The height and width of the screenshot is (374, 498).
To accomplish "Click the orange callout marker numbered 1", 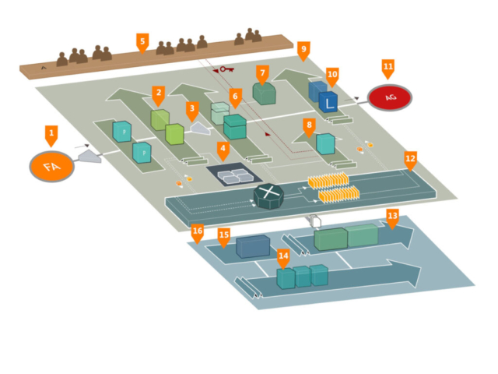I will tap(51, 135).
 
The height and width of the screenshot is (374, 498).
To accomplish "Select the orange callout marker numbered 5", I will tap(142, 41).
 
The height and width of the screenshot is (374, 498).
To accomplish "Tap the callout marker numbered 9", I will tap(303, 49).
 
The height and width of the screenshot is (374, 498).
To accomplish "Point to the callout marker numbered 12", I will tap(410, 159).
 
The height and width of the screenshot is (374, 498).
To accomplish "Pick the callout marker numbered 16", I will tap(198, 231).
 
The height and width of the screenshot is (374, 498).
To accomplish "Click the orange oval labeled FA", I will tap(52, 166).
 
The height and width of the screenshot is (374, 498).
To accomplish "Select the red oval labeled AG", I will tap(389, 97).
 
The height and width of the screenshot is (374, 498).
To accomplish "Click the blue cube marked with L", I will tap(328, 101).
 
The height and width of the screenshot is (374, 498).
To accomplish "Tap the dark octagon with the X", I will tap(268, 195).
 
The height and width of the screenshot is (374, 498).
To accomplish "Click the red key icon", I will tap(226, 69).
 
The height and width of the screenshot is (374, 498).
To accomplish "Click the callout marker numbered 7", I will tap(263, 73).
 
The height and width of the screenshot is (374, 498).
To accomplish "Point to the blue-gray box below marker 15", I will tap(253, 246).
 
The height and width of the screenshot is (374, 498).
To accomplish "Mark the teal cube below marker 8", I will tap(325, 143).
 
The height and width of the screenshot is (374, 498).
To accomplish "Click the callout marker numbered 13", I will tap(392, 216).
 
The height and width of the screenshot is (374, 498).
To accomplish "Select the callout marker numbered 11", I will tap(388, 67).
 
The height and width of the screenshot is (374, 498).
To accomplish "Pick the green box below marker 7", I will tap(264, 93).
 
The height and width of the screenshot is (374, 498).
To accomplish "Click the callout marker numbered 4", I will tap(223, 148).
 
